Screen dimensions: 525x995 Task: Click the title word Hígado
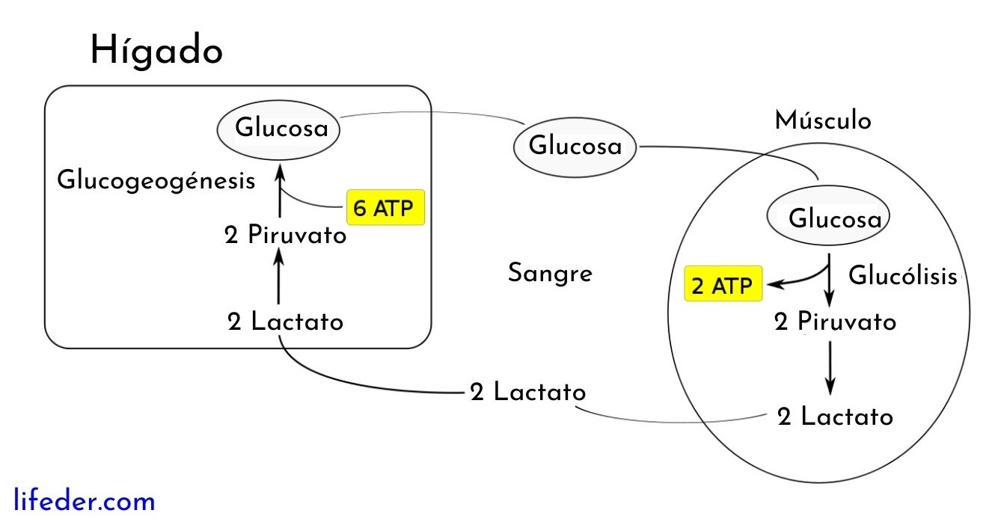click(156, 51)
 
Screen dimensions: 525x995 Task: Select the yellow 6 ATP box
click(385, 207)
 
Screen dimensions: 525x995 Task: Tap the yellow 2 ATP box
click(723, 284)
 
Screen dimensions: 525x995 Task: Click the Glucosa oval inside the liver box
click(279, 129)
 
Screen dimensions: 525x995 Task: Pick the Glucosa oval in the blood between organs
click(574, 146)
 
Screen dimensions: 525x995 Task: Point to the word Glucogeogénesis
click(156, 181)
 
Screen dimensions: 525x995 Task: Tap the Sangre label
click(550, 274)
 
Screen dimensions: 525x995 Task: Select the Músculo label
click(823, 120)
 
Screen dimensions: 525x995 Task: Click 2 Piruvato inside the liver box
click(286, 236)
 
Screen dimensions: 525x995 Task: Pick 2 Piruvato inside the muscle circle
click(835, 322)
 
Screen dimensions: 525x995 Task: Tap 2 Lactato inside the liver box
click(286, 322)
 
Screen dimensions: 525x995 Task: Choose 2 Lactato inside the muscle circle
click(835, 417)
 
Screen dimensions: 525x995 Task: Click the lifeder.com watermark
click(85, 500)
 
